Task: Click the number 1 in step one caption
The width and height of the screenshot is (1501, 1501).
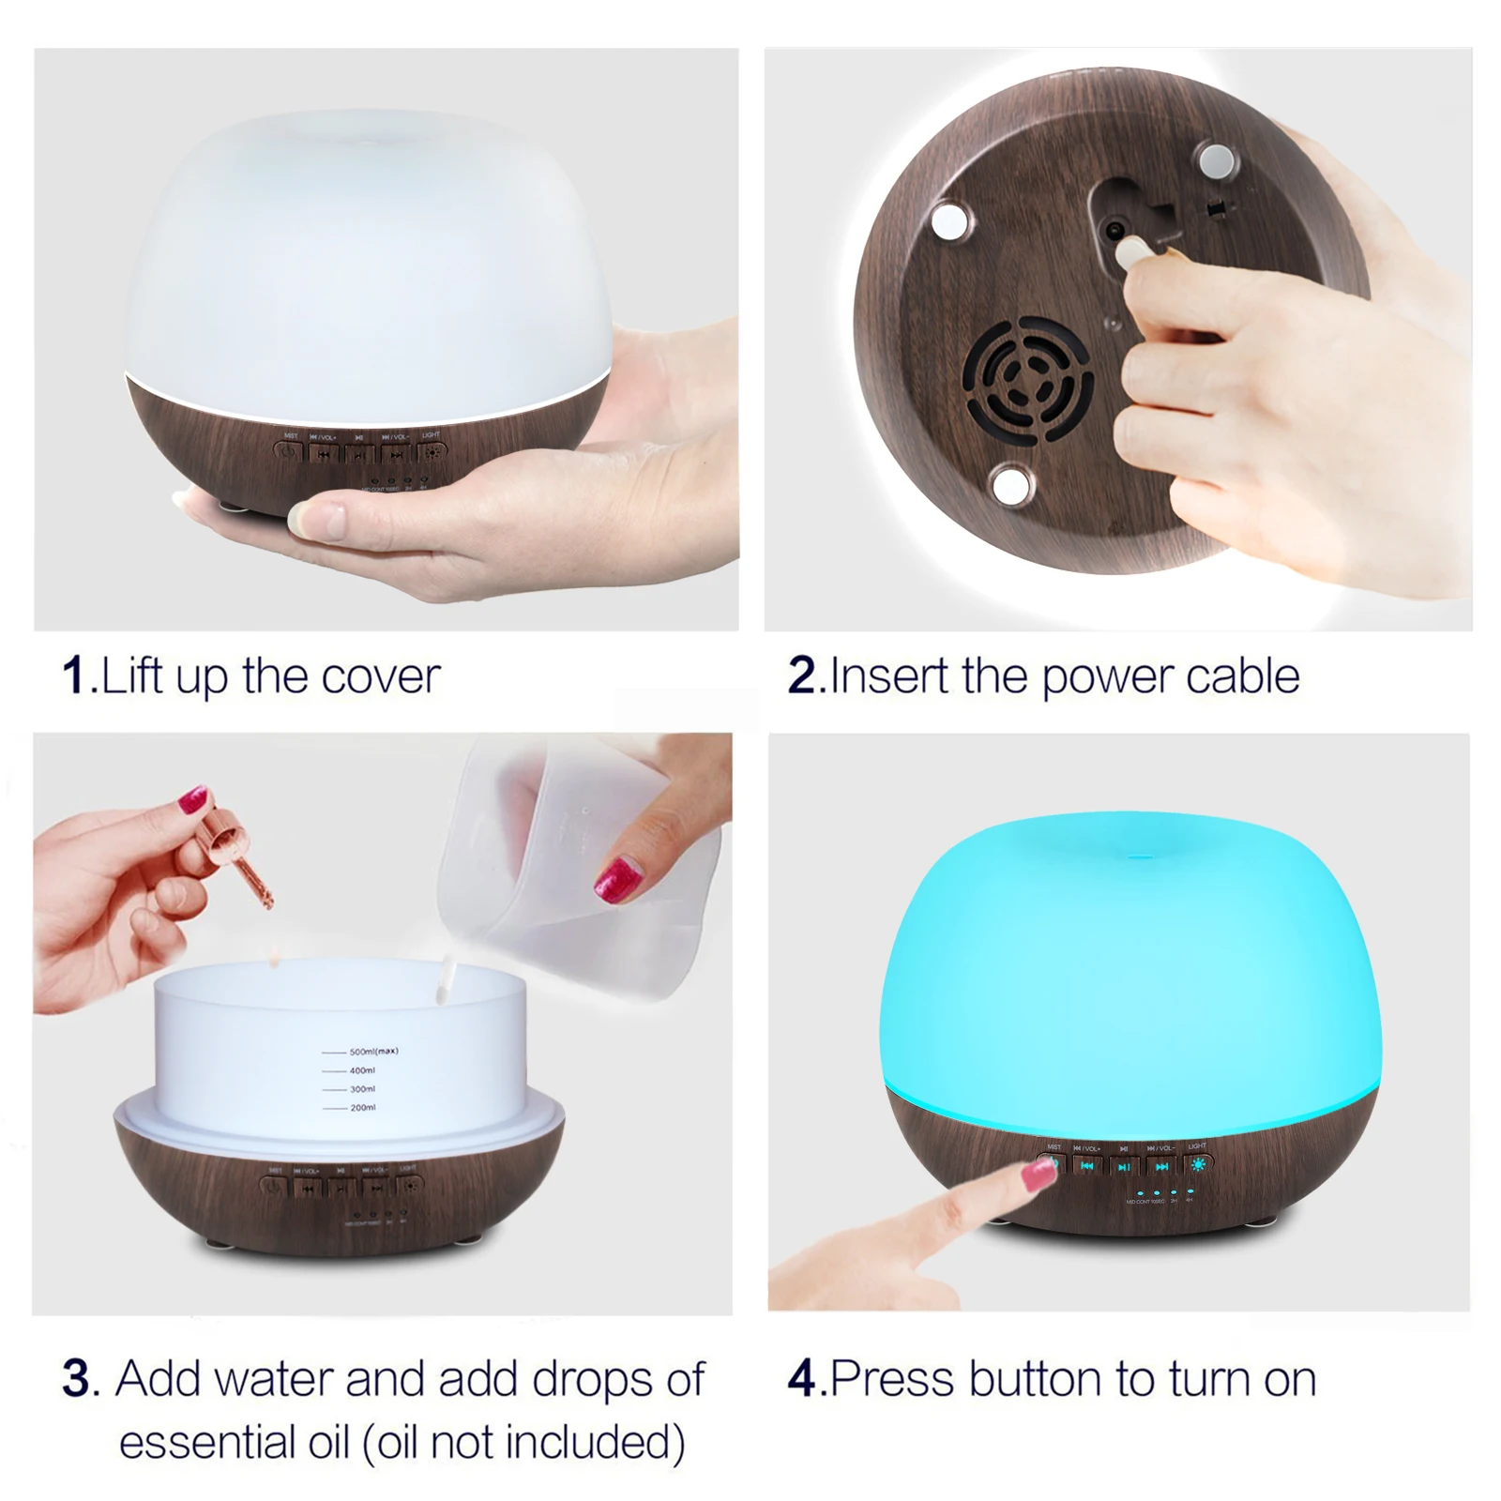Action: tap(74, 675)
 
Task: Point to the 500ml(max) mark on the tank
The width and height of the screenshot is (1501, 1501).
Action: tap(372, 1052)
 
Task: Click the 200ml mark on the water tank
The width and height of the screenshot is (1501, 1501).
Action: tap(362, 1108)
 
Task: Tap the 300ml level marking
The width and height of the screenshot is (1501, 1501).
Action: tap(362, 1089)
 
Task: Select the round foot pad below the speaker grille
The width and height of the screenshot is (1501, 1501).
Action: tap(1011, 484)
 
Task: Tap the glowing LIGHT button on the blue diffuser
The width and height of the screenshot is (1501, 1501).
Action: tap(1197, 1165)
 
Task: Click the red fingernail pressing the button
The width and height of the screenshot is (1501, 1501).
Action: tap(1041, 1173)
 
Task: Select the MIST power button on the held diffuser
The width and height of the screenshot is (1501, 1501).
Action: tap(288, 452)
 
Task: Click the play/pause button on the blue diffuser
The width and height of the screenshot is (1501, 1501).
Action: tap(1124, 1166)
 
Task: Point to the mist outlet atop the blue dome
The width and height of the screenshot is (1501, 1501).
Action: tap(1138, 856)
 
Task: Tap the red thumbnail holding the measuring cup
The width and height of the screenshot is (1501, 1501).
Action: tap(619, 876)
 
